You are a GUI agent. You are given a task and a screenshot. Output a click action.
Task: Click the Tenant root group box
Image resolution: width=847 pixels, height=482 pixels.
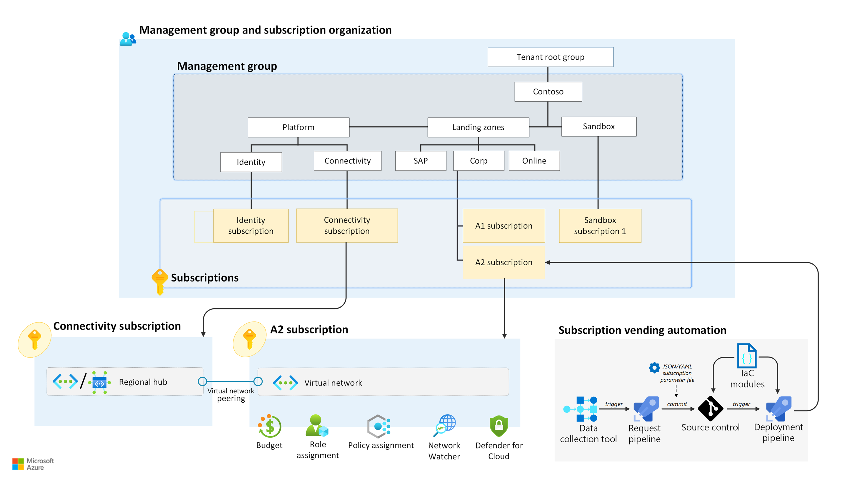[550, 57]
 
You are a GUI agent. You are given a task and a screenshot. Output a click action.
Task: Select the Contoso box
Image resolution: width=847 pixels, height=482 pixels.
[548, 92]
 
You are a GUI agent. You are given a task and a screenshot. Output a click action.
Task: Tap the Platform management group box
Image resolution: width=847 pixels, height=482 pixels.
[298, 127]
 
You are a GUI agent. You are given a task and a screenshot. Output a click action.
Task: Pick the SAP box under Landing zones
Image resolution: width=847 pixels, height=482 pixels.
[420, 161]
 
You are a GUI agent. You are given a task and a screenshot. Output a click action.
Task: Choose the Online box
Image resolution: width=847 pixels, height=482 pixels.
[534, 161]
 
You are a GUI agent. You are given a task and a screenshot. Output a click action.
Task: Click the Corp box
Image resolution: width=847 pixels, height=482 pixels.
[479, 161]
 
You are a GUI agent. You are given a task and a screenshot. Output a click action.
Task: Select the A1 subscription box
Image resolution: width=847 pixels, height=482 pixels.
[504, 226]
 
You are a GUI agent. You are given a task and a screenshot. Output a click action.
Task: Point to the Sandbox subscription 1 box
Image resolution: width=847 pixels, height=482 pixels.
[600, 226]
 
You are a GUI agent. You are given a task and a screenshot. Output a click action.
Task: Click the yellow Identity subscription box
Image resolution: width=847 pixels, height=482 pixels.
[251, 226]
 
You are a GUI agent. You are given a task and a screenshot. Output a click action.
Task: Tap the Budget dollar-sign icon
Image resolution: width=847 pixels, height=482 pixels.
[270, 426]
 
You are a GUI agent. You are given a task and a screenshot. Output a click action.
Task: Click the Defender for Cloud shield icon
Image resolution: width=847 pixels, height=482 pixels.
[499, 426]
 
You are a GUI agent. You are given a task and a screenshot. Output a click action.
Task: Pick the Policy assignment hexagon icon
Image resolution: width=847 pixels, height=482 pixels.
[379, 426]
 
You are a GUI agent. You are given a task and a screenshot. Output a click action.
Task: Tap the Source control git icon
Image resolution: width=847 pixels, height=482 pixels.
[710, 408]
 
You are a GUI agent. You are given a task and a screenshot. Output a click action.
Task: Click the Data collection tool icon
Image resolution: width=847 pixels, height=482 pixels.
[581, 409]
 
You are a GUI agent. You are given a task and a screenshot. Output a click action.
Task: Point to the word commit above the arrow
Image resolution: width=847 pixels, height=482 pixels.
[677, 404]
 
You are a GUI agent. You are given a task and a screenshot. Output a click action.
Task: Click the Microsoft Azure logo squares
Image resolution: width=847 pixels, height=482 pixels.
[18, 464]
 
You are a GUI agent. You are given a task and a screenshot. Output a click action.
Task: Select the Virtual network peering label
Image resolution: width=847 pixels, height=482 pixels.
[231, 395]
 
